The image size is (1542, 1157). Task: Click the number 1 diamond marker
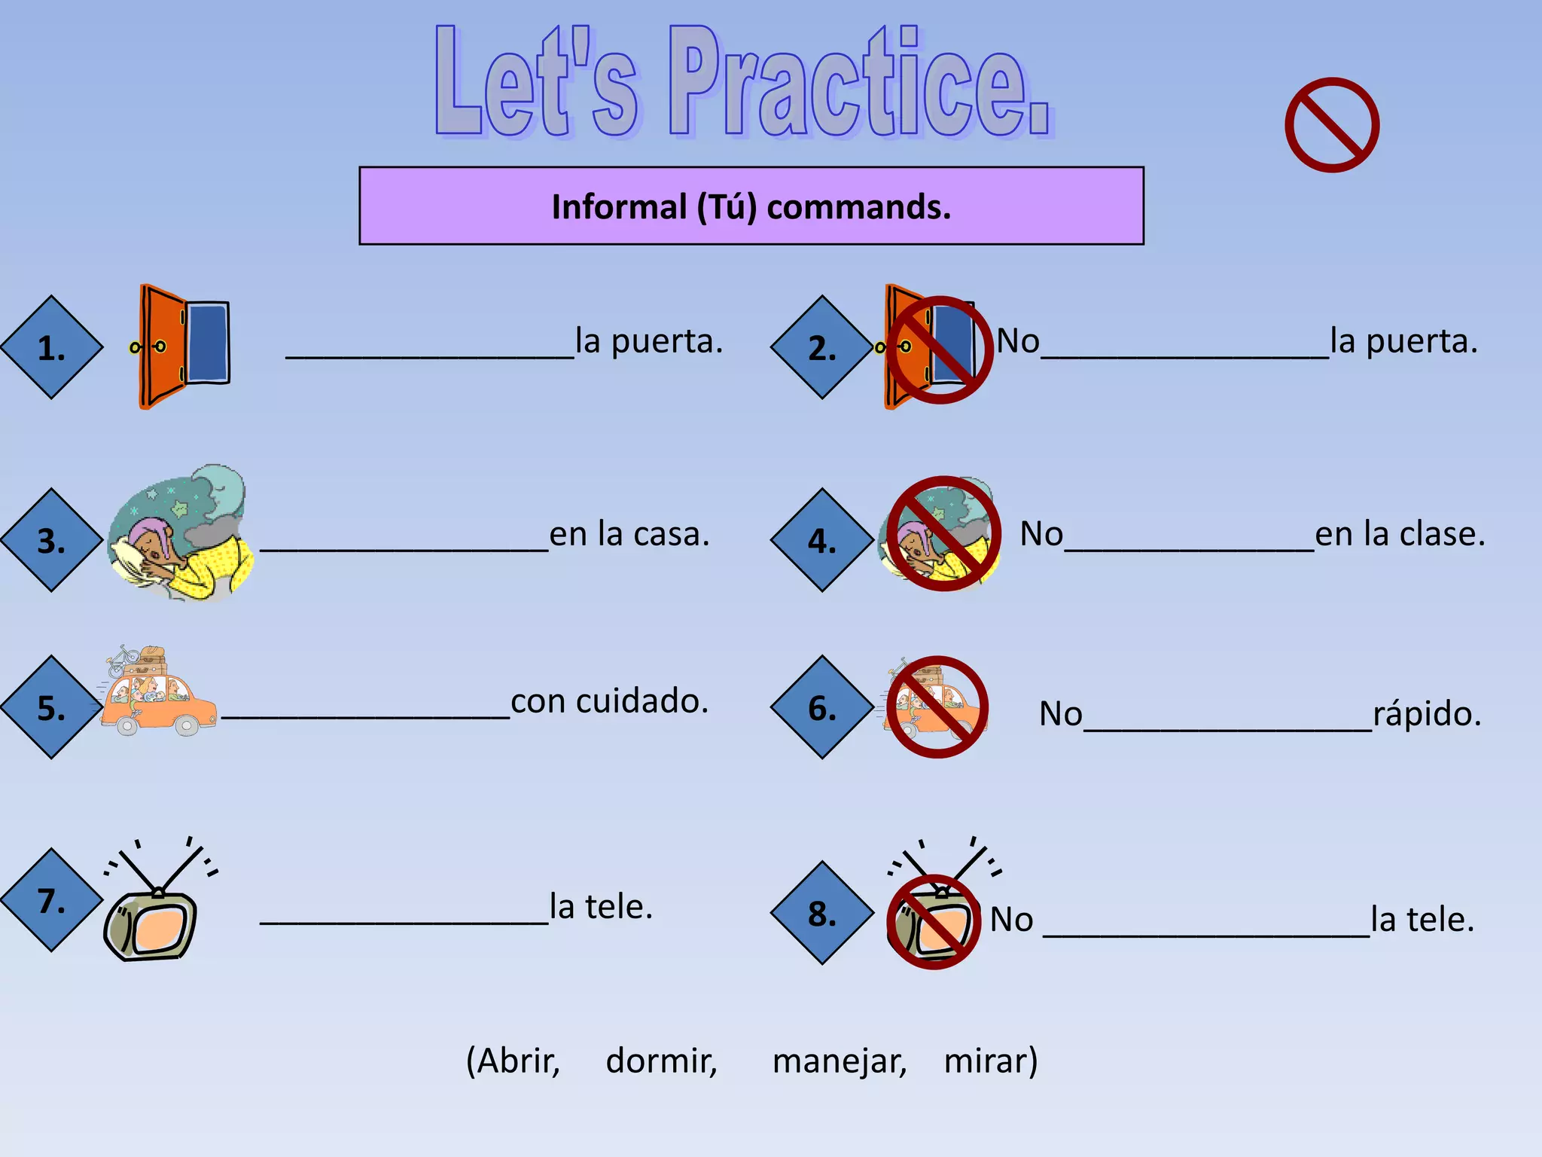point(52,347)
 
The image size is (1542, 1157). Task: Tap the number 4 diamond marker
point(822,540)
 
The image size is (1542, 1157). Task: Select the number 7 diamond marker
point(52,900)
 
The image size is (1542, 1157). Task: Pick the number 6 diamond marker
point(822,707)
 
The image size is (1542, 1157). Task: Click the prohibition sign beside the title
point(1332,125)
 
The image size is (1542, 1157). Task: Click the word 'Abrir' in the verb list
point(515,1061)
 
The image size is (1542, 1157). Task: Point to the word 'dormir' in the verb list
point(661,1061)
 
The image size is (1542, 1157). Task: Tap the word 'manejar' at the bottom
point(839,1061)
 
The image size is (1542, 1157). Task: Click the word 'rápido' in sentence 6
point(1426,713)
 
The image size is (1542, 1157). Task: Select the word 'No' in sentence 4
point(1041,534)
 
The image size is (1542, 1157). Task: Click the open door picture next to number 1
point(183,346)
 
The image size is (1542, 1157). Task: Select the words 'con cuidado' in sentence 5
point(609,701)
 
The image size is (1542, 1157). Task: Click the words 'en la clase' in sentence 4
point(1400,534)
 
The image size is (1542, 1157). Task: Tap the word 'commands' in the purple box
point(858,207)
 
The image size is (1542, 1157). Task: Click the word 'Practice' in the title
point(858,83)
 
